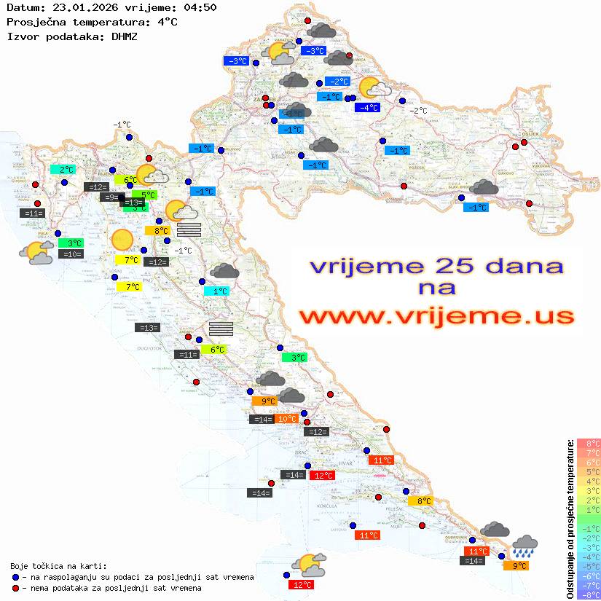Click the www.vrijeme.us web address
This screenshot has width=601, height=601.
click(x=436, y=316)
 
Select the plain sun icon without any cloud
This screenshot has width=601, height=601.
click(x=122, y=240)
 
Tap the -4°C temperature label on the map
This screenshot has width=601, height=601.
click(x=367, y=108)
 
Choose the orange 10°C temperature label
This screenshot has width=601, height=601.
click(x=287, y=419)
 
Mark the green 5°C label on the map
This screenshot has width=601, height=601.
click(x=147, y=195)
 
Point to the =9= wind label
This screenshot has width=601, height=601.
click(x=110, y=197)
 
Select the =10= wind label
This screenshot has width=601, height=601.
click(x=71, y=254)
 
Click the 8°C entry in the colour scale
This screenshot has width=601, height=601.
click(x=588, y=443)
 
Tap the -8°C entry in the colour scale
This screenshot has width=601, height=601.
click(x=588, y=595)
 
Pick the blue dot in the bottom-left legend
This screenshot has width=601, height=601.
click(x=16, y=577)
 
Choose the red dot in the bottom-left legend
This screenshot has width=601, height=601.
click(x=16, y=588)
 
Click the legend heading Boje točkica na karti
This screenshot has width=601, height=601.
click(x=58, y=566)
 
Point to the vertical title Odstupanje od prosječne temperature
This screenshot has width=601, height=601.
click(x=570, y=519)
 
